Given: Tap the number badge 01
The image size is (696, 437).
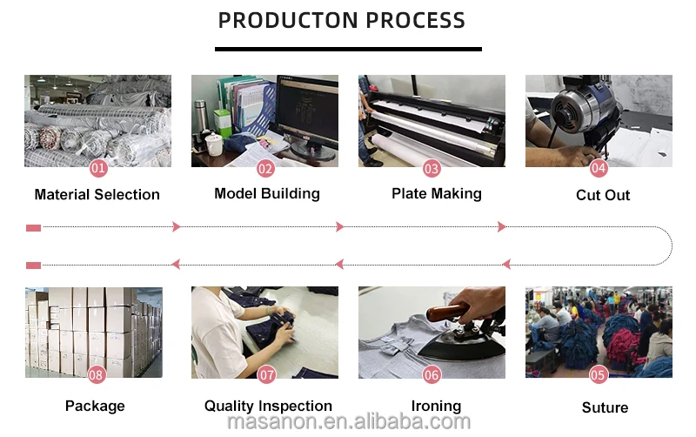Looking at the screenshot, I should point(98,168).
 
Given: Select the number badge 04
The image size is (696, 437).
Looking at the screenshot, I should point(599,168).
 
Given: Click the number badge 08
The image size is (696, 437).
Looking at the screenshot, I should point(97,375).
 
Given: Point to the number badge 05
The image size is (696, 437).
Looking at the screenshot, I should point(598,375).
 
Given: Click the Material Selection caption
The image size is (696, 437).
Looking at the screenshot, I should point(97,195).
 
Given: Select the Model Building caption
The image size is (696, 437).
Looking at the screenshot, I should point(267,193).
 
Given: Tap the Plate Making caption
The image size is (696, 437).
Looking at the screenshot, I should point(437,193).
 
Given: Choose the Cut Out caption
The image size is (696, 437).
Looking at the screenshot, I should point(603,195).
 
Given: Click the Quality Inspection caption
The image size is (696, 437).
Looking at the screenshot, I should point(268,406).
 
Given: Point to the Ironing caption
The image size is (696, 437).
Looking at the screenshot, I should point(436,406).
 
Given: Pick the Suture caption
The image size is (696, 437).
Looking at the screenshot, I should point(605,407).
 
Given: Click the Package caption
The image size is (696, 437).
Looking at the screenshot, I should point(95,406).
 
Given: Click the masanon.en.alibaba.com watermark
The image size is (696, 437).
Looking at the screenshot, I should point(348,422).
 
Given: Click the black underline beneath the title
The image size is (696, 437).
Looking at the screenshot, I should point(348,49).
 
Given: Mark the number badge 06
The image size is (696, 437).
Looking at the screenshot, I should point(432,375).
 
